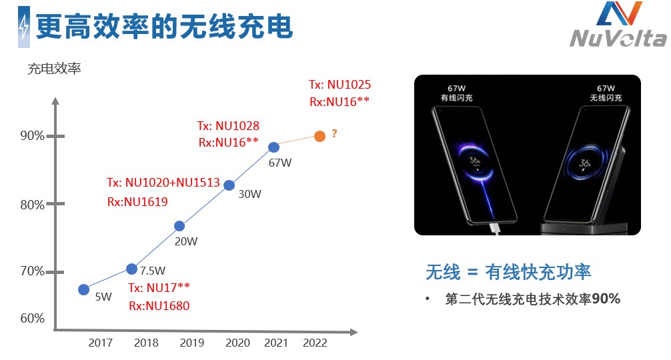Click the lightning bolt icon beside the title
24,27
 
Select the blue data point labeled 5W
83,289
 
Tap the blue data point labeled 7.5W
131,269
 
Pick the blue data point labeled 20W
179,226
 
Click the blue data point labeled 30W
229,185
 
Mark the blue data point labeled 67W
273,147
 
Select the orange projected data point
319,136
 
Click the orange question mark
334,134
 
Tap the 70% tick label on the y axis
32,271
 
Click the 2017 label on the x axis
100,343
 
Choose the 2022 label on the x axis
315,343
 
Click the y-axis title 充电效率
54,68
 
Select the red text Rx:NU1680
159,306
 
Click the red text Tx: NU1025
340,85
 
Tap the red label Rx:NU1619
137,201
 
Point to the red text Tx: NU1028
228,125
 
